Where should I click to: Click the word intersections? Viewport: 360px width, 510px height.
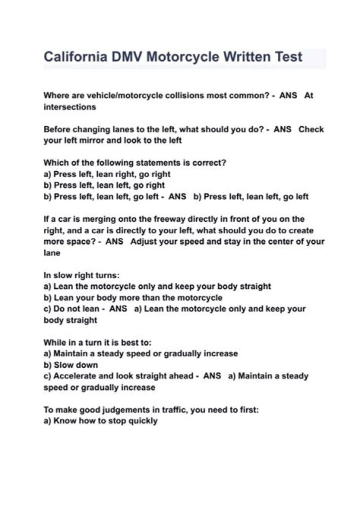(69, 107)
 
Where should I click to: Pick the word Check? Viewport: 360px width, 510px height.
(311, 129)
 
